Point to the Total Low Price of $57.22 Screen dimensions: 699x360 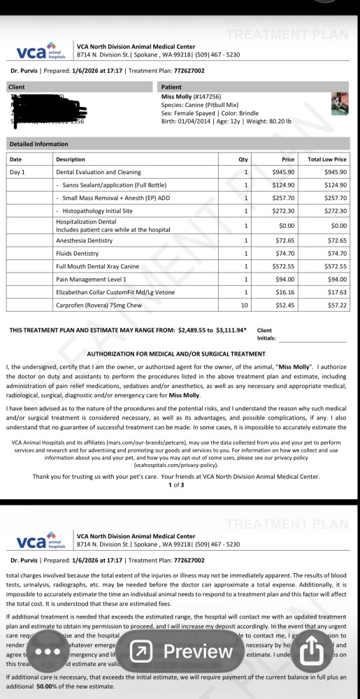tap(335, 305)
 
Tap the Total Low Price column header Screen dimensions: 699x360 tap(327, 159)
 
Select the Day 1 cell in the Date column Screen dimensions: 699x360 tap(17, 172)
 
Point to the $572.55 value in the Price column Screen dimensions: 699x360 tap(283, 266)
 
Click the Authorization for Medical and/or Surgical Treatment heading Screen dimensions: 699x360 tap(175, 354)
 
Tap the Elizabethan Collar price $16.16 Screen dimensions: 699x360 tap(285, 292)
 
